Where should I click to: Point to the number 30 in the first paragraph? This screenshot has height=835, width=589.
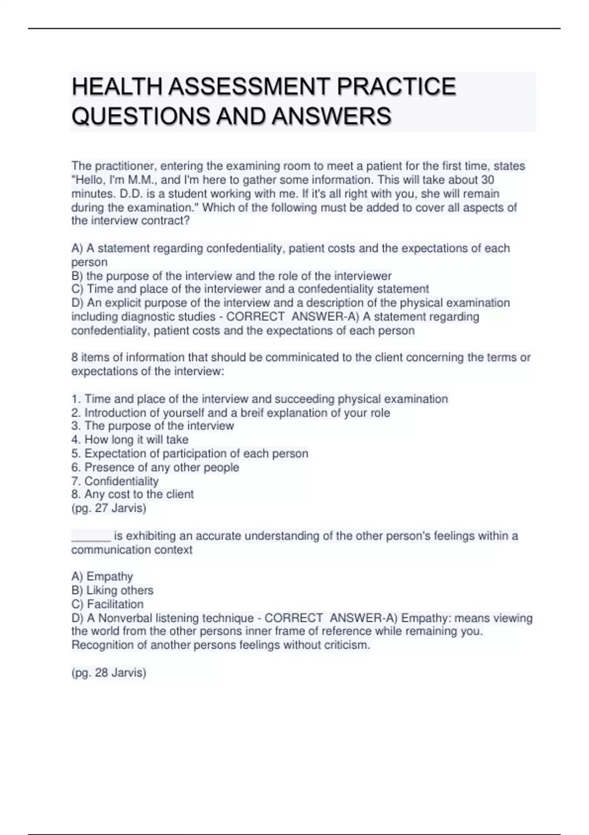487,180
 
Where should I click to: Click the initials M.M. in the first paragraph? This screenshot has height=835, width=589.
142,180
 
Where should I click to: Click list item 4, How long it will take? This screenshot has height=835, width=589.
130,440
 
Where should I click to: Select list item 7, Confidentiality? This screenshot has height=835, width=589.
115,481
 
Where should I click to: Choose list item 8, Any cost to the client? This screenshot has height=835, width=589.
133,494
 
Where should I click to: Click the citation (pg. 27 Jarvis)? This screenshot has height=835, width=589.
109,508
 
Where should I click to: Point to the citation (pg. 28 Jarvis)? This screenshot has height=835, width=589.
109,672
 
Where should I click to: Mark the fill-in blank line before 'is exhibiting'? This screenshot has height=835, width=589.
91,536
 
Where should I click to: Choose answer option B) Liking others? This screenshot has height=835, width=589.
112,590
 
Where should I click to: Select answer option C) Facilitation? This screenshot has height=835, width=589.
107,604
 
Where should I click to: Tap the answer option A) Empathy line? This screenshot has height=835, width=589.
102,576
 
